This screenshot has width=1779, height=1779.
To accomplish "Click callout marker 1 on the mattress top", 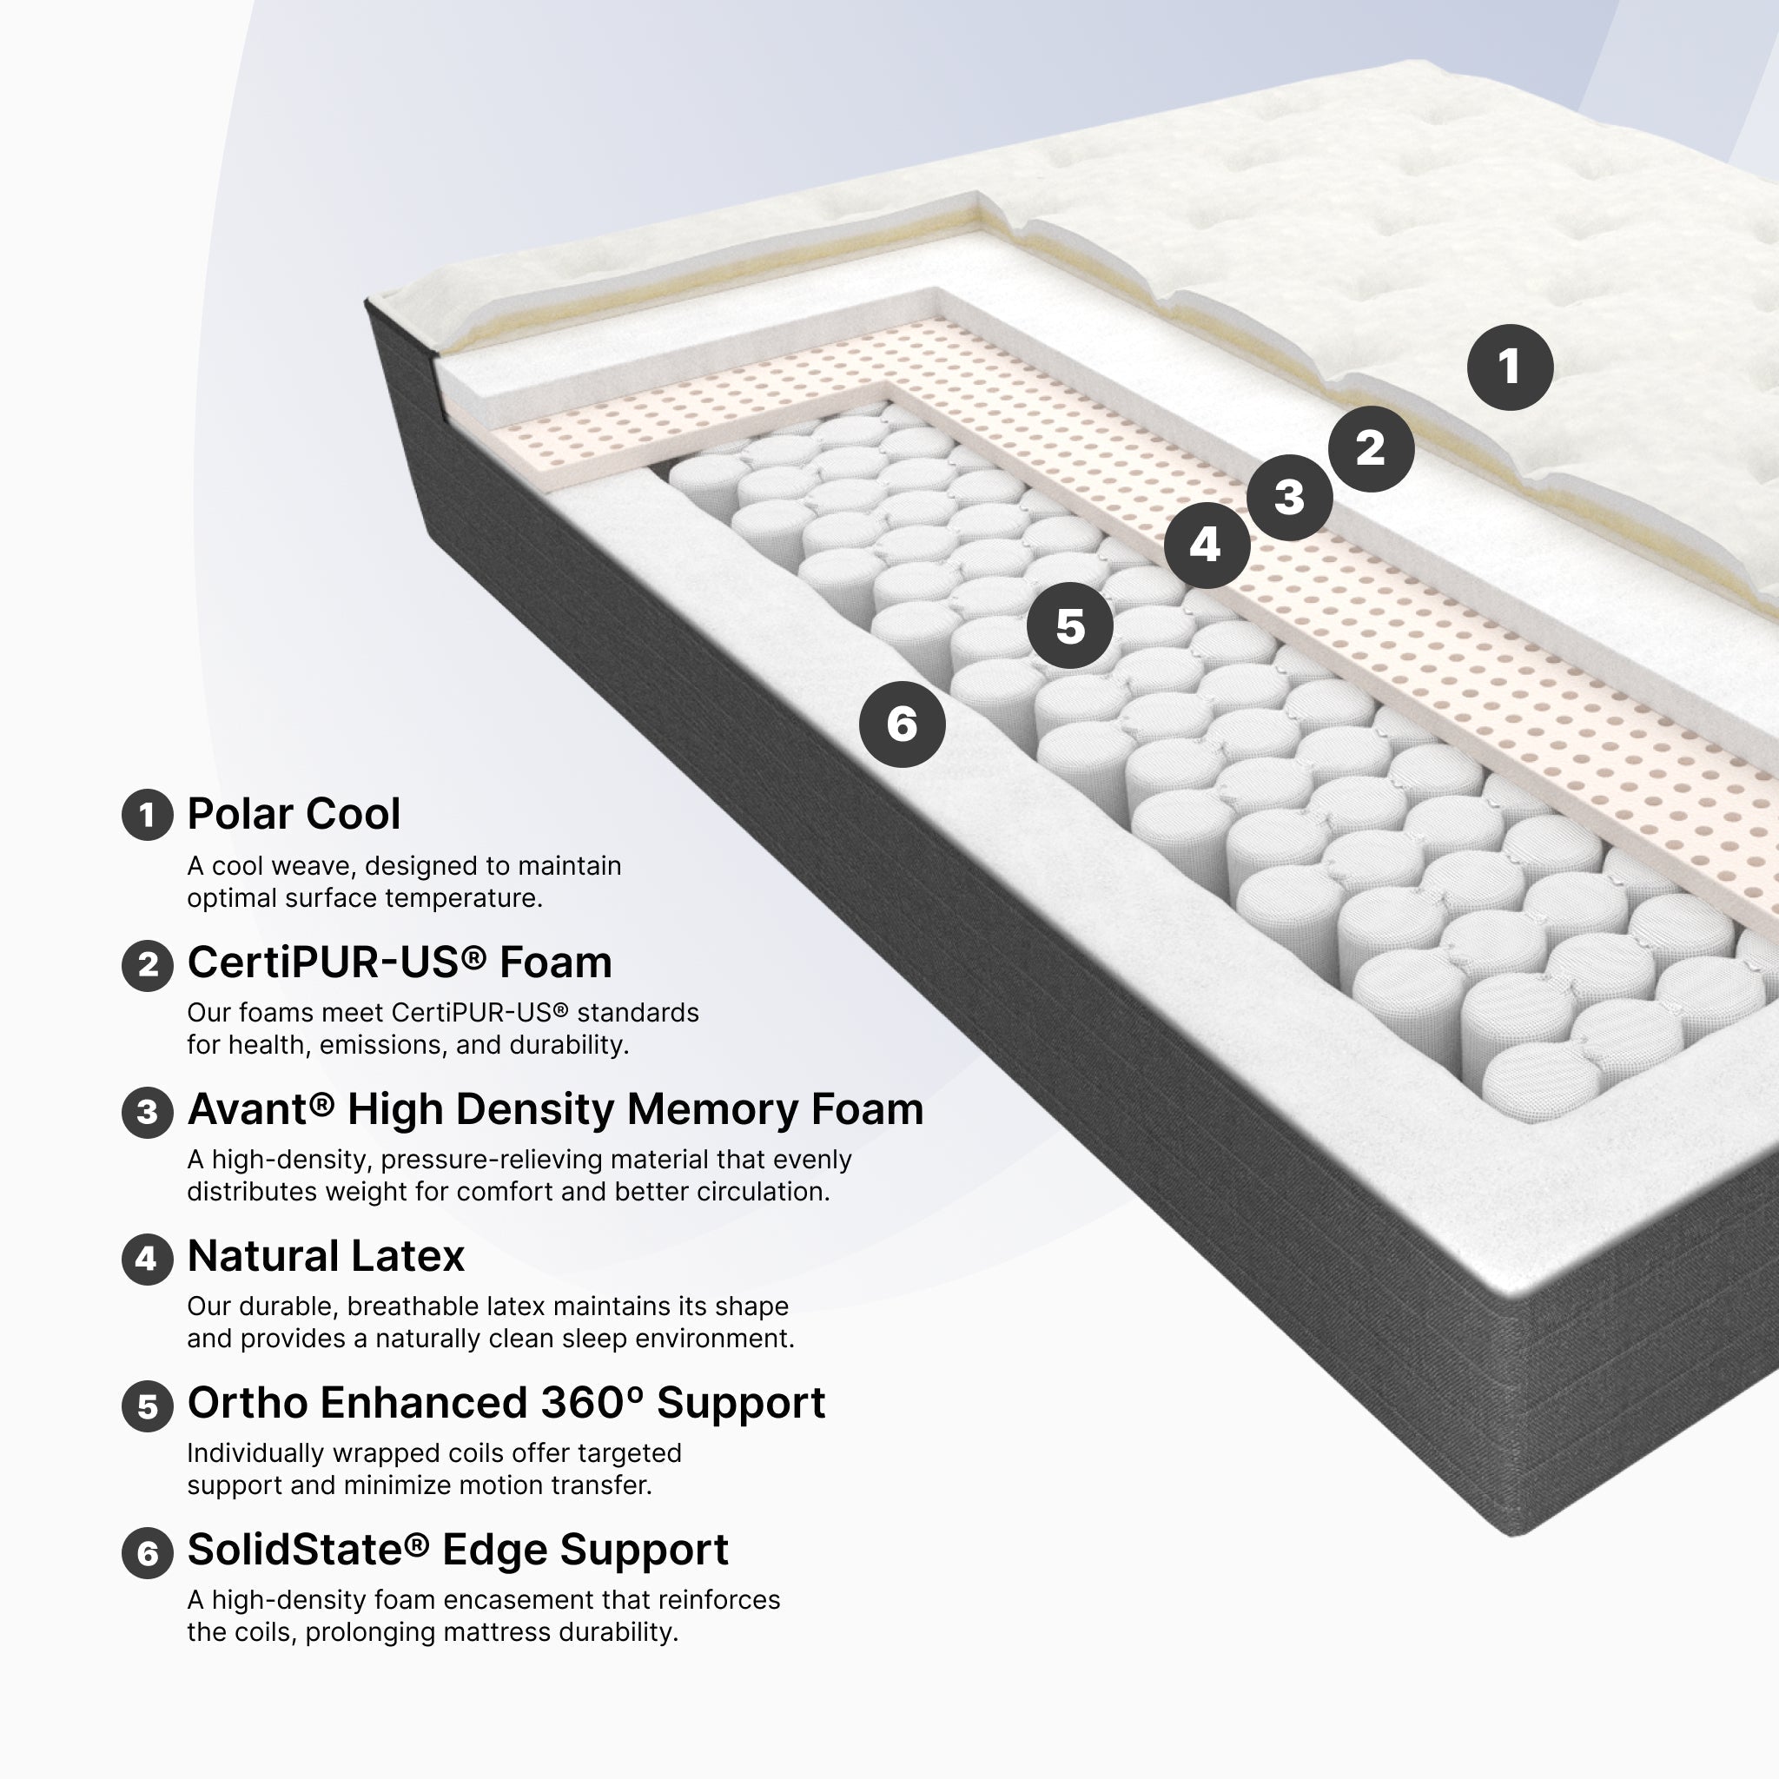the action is point(1509,367).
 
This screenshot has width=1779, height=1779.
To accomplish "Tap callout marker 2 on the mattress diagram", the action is point(1370,448).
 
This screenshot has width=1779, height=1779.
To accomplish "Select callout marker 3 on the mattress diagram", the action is point(1289,497).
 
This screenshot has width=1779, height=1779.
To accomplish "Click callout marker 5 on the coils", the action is point(1070,626).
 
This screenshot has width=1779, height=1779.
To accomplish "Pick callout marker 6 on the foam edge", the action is point(903,724).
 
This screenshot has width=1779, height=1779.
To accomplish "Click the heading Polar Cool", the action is point(294,814).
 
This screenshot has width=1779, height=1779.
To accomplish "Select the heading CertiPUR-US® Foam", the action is point(400,962).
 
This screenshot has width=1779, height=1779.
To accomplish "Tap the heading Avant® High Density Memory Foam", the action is point(555,1108).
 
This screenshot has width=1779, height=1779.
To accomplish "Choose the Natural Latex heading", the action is point(326,1256).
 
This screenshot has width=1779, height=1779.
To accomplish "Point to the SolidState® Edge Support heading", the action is point(458,1550).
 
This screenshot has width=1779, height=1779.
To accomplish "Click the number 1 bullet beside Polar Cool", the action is point(148,815).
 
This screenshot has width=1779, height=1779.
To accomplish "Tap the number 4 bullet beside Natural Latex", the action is point(148,1259).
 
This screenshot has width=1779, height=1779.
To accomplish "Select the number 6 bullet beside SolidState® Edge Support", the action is point(148,1553).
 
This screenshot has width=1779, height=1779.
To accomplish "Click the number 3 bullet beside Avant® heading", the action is point(148,1113).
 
